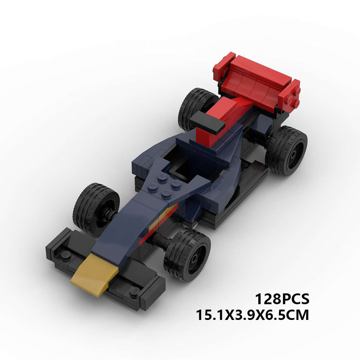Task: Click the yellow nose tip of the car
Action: click(94, 275)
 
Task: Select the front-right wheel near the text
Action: click(187, 255)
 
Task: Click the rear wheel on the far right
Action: click(286, 151)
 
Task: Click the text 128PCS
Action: click(282, 299)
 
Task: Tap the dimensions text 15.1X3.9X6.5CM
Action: click(252, 315)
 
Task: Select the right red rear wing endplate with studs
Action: click(288, 96)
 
